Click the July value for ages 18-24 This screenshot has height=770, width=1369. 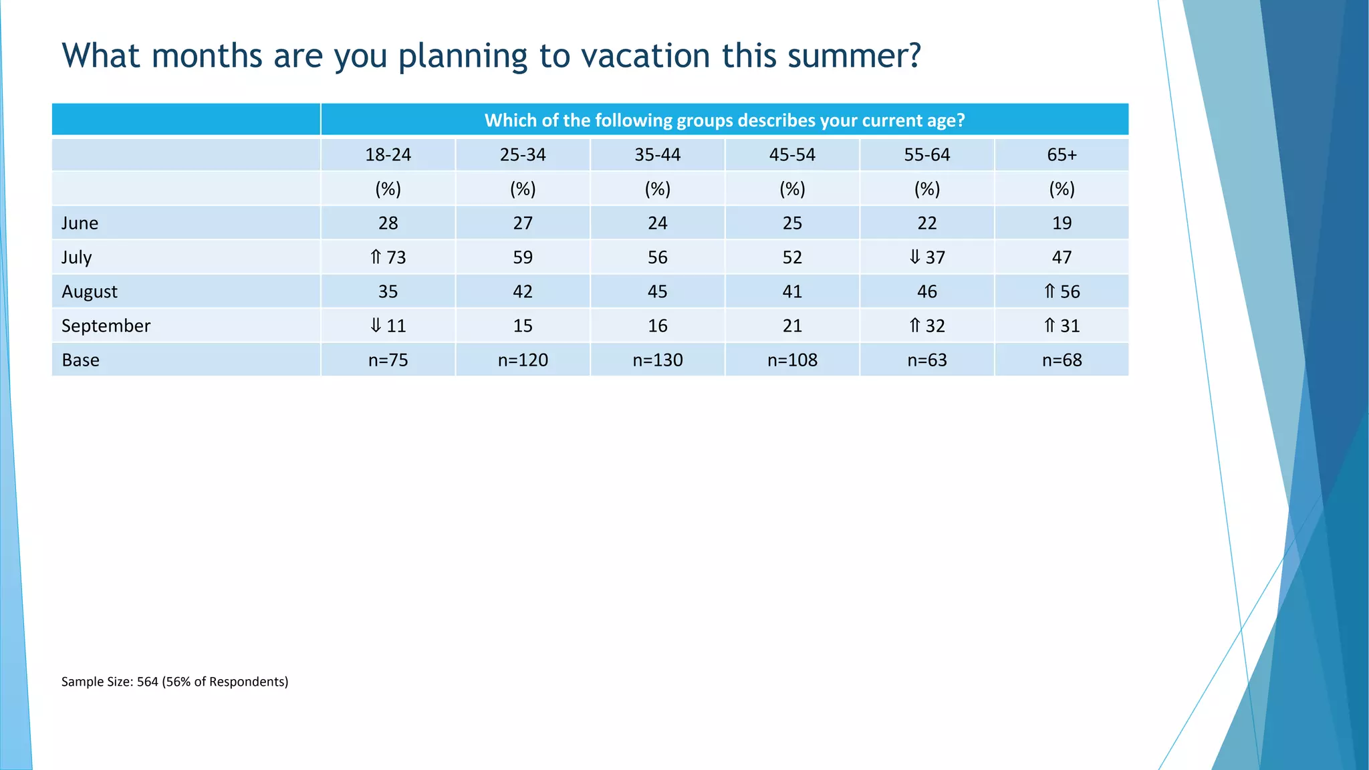point(396,257)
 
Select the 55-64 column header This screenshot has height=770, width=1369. point(926,155)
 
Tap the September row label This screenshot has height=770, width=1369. point(106,326)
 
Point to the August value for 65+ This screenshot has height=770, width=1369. point(1070,291)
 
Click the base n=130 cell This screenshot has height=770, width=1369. point(657,360)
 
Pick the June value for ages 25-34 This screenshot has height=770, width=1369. point(523,223)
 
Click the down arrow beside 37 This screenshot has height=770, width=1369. point(914,257)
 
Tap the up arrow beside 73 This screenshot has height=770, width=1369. point(376,257)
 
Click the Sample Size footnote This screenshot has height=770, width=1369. point(174,682)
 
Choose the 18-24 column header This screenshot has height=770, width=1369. point(388,155)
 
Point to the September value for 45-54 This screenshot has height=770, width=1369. point(792,326)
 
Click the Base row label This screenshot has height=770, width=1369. point(80,360)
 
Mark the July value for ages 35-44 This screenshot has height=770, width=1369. point(657,257)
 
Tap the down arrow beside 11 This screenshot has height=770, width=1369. point(376,326)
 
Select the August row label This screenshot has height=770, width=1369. point(89,292)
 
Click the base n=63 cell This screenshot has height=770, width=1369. point(926,360)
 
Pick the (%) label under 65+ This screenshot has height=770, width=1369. point(1062,189)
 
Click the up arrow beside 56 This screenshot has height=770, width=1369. point(1049,291)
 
